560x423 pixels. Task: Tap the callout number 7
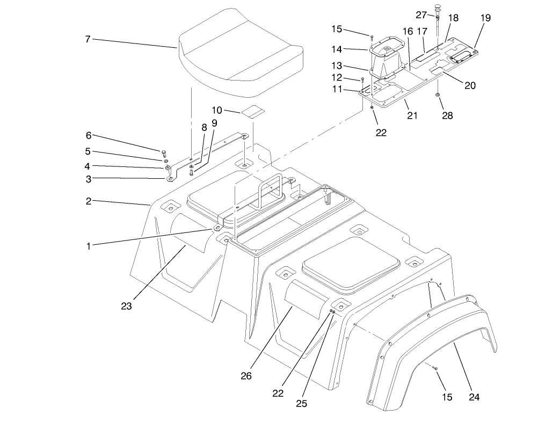[x=88, y=39]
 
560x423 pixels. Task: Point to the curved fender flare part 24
[x=430, y=344]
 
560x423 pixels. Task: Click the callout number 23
[x=127, y=307]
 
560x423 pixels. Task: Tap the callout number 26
[x=246, y=376]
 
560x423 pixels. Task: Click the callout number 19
[x=485, y=18]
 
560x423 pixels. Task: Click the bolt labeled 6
[x=164, y=151]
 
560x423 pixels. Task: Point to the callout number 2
[x=88, y=201]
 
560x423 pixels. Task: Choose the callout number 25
[x=302, y=404]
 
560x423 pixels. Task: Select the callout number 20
[x=470, y=85]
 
